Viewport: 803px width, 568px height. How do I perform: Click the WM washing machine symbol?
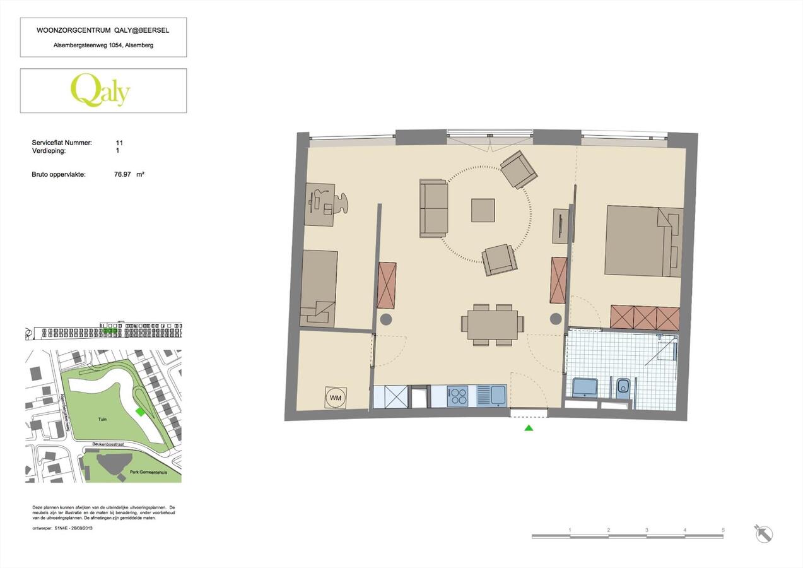pyautogui.click(x=335, y=397)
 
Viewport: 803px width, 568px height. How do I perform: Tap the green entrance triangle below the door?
pyautogui.click(x=529, y=428)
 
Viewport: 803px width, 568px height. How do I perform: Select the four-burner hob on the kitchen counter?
pyautogui.click(x=457, y=396)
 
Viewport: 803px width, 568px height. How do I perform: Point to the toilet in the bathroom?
pyautogui.click(x=623, y=386)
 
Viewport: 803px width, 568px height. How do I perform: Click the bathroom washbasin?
pyautogui.click(x=585, y=387)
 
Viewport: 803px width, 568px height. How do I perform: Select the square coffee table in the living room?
pyautogui.click(x=483, y=210)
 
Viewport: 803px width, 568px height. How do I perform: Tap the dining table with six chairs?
pyautogui.click(x=493, y=324)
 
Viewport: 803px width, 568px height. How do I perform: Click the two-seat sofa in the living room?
pyautogui.click(x=434, y=208)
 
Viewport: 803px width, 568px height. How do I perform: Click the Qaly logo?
pyautogui.click(x=100, y=90)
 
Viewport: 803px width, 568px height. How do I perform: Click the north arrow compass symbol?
pyautogui.click(x=763, y=533)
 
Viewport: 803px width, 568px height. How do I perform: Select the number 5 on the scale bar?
pyautogui.click(x=723, y=530)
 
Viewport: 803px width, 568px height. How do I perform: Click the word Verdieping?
pyautogui.click(x=50, y=151)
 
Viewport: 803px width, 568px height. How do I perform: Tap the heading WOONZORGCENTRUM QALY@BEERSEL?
pyautogui.click(x=103, y=30)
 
